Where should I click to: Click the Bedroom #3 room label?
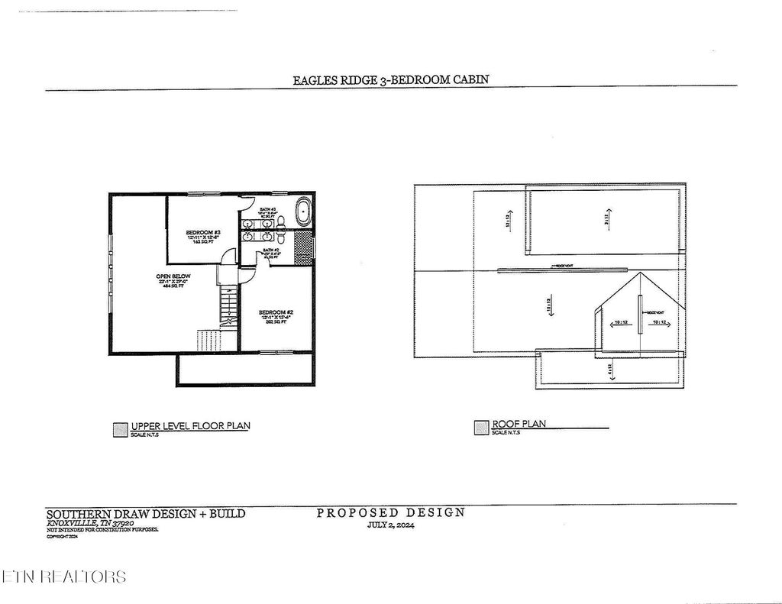(203, 232)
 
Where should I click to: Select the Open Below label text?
(174, 276)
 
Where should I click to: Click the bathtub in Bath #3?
(303, 211)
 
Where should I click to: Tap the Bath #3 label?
(267, 209)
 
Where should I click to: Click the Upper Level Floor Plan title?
(190, 426)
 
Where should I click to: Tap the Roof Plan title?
(519, 424)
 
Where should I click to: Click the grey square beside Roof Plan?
(480, 428)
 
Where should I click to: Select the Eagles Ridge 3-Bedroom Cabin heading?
(390, 79)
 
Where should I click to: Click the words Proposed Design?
(390, 512)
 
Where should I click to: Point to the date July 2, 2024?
(390, 525)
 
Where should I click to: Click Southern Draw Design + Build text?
(146, 514)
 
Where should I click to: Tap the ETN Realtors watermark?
(64, 577)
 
